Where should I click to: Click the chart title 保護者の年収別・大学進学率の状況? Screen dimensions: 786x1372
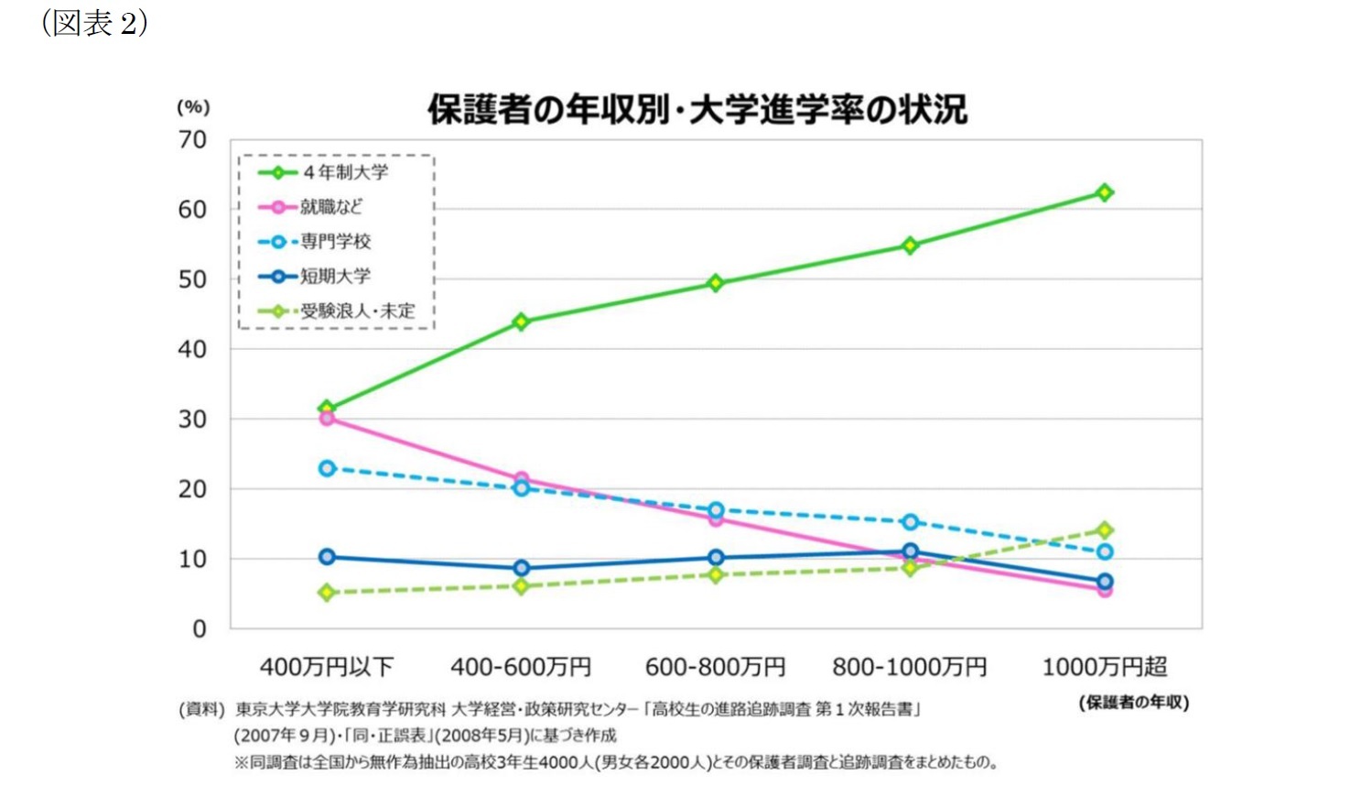point(697,110)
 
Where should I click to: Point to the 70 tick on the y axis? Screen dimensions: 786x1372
point(192,140)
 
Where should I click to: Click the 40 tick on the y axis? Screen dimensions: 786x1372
point(192,349)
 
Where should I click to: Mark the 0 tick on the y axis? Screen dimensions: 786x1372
point(199,629)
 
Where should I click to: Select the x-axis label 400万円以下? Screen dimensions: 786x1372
point(327,667)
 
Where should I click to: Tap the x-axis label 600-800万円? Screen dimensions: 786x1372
point(715,667)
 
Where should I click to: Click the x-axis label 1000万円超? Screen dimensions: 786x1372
point(1105,667)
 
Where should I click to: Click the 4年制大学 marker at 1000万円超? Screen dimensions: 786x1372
point(1105,192)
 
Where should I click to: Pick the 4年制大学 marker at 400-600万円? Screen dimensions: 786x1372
point(521,322)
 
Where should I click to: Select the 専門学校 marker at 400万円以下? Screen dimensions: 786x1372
point(327,468)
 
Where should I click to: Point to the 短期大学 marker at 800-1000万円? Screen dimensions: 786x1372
point(910,551)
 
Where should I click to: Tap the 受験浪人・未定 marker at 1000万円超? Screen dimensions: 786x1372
point(1105,529)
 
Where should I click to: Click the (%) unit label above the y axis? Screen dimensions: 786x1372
point(193,107)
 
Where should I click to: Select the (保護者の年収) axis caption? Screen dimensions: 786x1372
point(1133,703)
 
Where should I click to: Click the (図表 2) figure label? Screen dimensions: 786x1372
point(94,23)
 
